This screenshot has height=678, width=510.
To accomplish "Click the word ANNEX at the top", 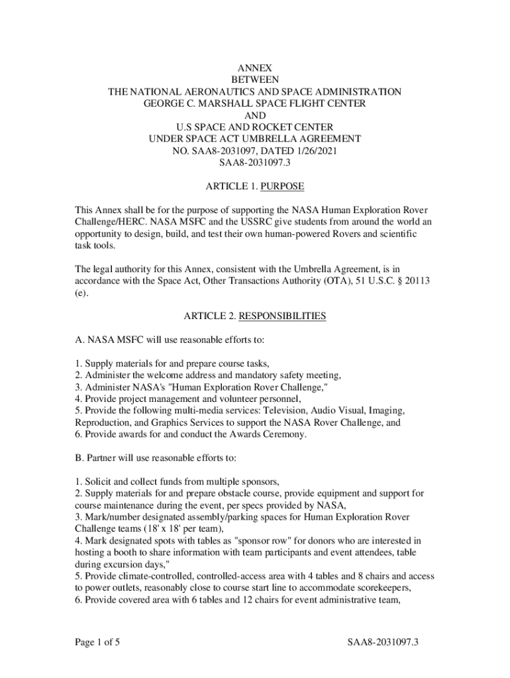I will point(255,67).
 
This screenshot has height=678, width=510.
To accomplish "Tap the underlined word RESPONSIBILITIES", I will point(282,316).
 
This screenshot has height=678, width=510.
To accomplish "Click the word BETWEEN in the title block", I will point(255,79).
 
